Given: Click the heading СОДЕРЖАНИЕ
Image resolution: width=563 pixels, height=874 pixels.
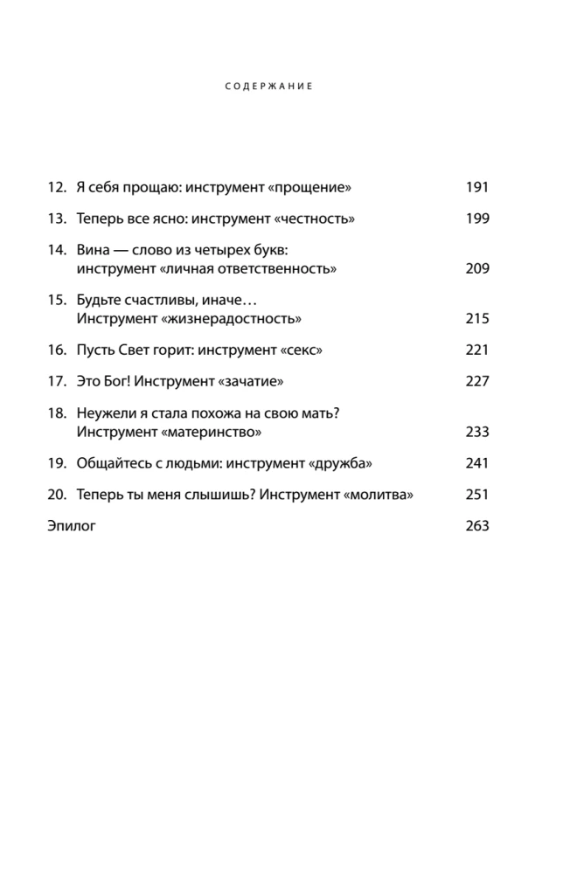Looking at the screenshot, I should pos(268,87).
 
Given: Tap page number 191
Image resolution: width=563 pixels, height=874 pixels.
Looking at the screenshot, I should pos(477,187).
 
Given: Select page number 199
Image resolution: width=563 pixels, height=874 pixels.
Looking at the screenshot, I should pos(477,218).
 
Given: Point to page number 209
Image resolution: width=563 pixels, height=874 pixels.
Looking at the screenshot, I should pos(477,268).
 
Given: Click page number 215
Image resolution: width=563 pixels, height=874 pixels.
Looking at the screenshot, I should pos(477,318).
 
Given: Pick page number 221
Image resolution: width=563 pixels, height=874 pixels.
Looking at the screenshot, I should pos(477,350).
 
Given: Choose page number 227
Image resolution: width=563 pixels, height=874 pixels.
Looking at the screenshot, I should pos(477,381).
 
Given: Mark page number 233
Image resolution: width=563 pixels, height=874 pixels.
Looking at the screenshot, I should pos(477,432).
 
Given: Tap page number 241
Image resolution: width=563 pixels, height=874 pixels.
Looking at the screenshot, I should pos(477,463).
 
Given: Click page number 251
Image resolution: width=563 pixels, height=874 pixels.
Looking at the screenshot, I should pos(477,495).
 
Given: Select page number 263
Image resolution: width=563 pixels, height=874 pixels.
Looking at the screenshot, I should pos(477,526).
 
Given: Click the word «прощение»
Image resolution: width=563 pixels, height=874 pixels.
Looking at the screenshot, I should pos(312,187).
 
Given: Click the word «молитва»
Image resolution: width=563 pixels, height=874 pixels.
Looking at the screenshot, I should pos(379,495).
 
